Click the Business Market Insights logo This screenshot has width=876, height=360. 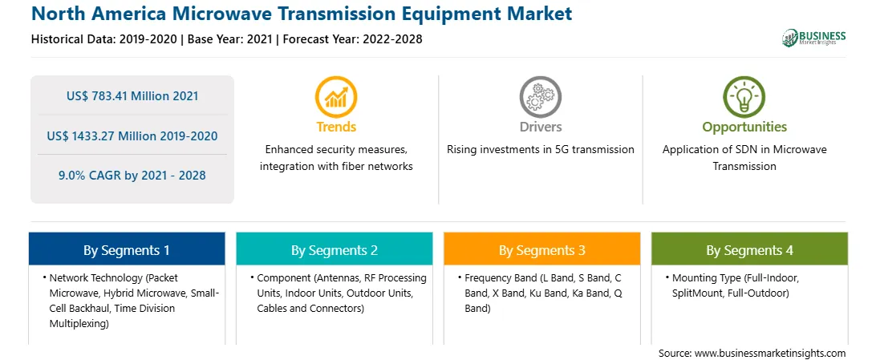pyautogui.click(x=813, y=38)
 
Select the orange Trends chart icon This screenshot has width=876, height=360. pyautogui.click(x=336, y=96)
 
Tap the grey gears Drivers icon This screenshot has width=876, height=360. pyautogui.click(x=540, y=96)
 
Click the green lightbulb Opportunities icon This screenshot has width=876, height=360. pyautogui.click(x=744, y=96)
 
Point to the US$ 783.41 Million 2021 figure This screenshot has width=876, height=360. pyautogui.click(x=132, y=96)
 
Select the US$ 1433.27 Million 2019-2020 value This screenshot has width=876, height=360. pyautogui.click(x=132, y=136)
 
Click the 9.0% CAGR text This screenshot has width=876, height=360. pyautogui.click(x=132, y=176)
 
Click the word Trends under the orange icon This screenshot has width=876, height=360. pyautogui.click(x=336, y=127)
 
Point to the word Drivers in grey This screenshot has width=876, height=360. pyautogui.click(x=541, y=127)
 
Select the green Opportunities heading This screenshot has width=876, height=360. pyautogui.click(x=744, y=127)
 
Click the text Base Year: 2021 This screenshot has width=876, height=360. pyautogui.click(x=230, y=39)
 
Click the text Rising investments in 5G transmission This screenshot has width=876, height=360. pyautogui.click(x=540, y=150)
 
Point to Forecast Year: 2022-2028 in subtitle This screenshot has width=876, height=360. pyautogui.click(x=351, y=39)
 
